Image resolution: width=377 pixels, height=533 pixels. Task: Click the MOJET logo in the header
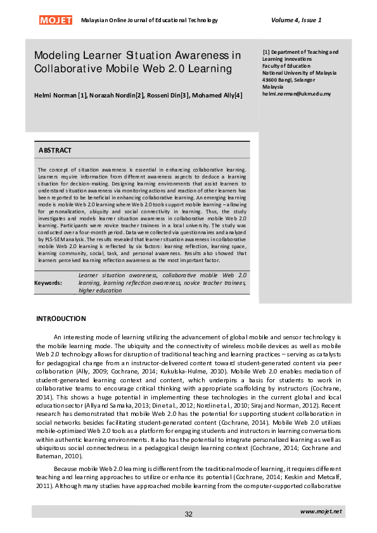click(x=56, y=20)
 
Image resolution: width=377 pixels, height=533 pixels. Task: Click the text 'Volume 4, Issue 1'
click(x=296, y=20)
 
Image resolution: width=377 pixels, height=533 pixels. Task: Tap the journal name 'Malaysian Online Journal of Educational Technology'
click(x=150, y=20)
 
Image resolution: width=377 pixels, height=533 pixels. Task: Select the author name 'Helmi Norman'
click(x=55, y=95)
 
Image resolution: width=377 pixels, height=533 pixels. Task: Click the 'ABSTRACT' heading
click(x=55, y=151)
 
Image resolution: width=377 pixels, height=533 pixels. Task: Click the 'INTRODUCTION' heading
click(x=61, y=318)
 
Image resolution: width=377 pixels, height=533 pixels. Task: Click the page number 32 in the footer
click(x=188, y=514)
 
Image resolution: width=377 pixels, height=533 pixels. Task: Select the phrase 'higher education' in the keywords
click(x=100, y=291)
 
